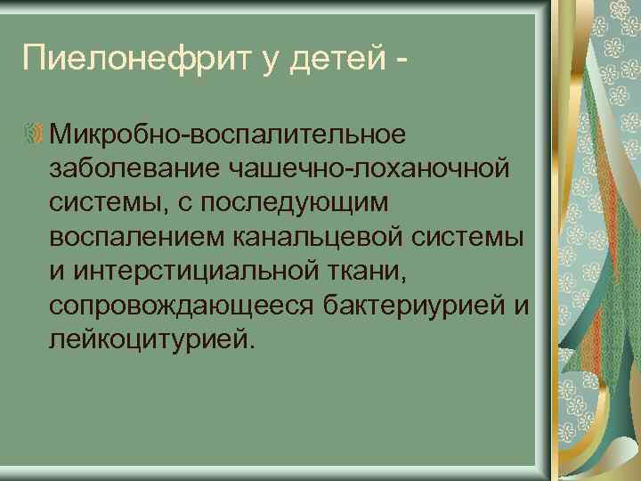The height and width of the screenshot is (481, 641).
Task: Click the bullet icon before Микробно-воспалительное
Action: click(x=37, y=134)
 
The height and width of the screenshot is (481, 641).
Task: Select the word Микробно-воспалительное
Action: click(x=228, y=134)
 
